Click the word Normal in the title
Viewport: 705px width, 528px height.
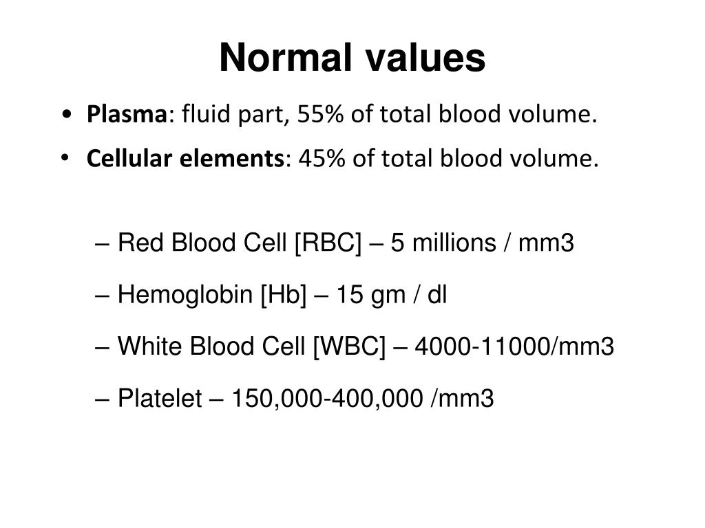coord(281,58)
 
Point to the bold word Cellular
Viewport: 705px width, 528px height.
coord(130,159)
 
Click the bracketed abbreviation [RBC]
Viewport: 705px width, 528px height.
coord(328,243)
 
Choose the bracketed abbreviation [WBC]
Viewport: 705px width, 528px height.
coord(349,347)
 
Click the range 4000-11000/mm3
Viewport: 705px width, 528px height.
coord(513,347)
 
